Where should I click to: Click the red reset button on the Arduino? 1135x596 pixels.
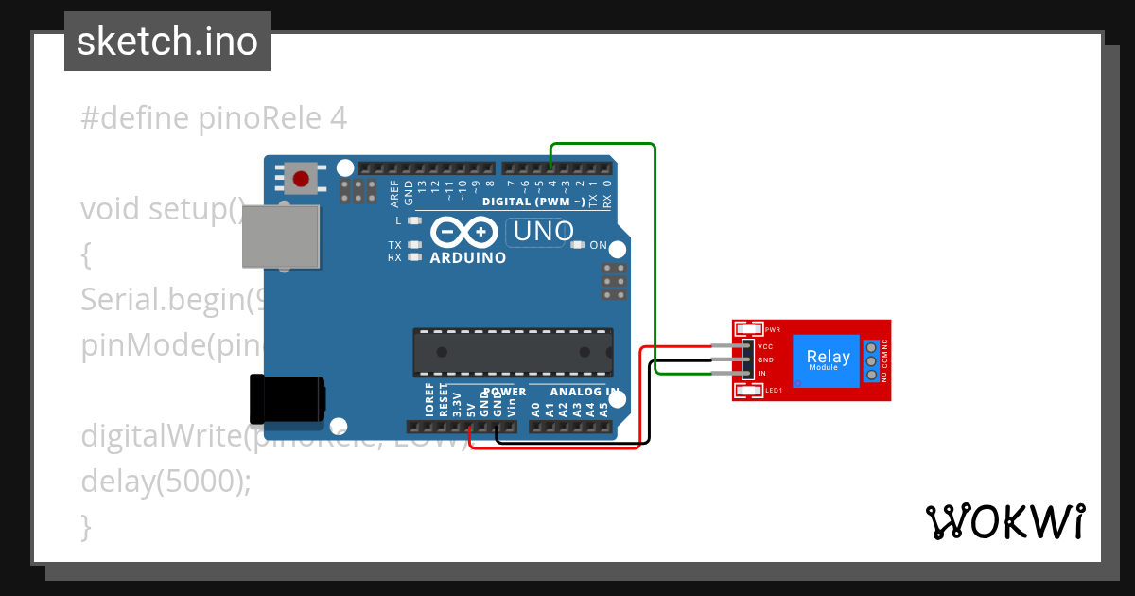point(301,178)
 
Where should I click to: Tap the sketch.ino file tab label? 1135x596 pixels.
point(167,42)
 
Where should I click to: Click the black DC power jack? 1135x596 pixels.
point(285,398)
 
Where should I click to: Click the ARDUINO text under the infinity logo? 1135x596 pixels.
point(468,257)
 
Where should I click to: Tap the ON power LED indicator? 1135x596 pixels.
point(579,245)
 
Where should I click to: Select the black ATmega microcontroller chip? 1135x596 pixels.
point(513,351)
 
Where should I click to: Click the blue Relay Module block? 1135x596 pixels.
point(828,360)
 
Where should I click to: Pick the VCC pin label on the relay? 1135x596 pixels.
point(765,347)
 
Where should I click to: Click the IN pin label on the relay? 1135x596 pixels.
point(761,374)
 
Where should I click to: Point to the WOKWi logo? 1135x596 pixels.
point(1004,521)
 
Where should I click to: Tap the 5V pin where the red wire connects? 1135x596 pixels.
point(470,428)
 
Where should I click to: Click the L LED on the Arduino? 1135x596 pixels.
point(412,220)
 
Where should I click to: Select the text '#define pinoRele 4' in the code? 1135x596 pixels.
point(214,118)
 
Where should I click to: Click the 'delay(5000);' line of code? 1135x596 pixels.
point(166,481)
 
